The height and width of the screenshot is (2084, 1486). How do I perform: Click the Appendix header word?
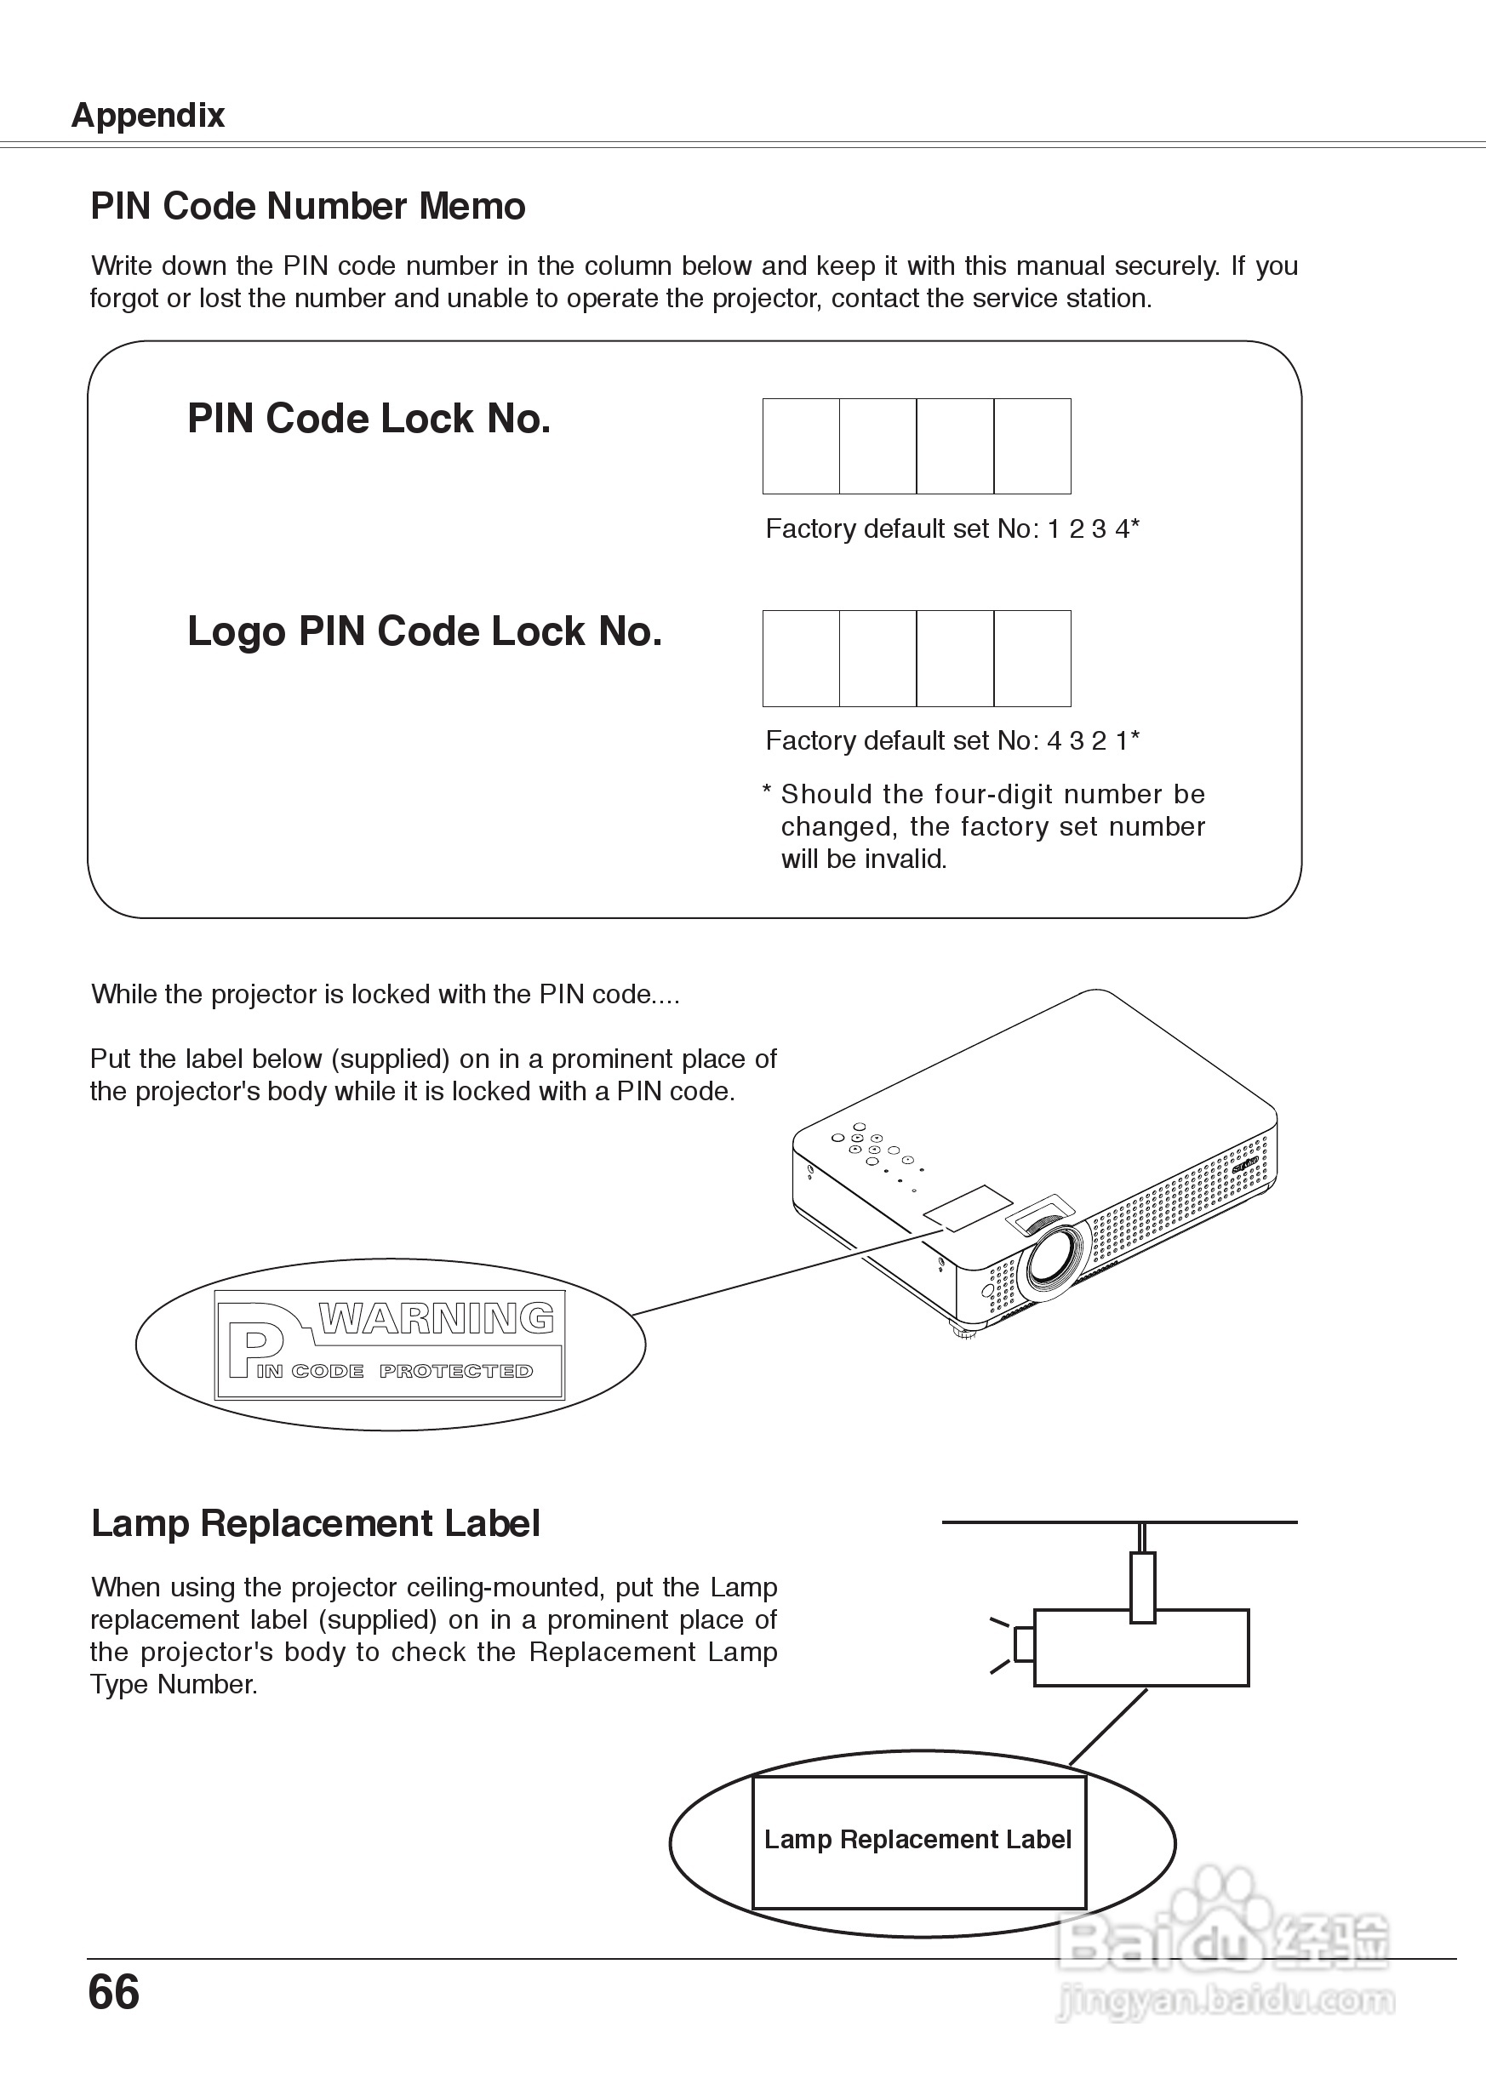[147, 115]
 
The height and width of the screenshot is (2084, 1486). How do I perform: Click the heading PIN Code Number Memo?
[307, 207]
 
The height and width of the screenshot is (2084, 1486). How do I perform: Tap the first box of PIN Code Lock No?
[801, 447]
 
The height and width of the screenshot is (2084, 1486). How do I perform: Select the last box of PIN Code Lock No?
[1032, 447]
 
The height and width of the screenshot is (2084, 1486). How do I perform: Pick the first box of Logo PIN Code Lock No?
[801, 659]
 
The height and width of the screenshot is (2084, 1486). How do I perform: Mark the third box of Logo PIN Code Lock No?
[955, 659]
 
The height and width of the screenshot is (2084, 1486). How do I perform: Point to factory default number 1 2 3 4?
[1089, 528]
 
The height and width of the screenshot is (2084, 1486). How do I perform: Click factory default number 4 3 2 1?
[1089, 741]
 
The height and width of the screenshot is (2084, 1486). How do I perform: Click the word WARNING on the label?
[436, 1319]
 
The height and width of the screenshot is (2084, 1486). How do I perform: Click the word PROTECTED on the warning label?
[455, 1372]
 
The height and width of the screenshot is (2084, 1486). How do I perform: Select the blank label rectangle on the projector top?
[967, 1208]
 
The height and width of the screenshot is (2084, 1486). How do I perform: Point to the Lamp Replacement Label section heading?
[316, 1524]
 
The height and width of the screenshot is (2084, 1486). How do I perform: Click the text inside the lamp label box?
[917, 1840]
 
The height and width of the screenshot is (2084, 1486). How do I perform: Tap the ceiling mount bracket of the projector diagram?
[1142, 1586]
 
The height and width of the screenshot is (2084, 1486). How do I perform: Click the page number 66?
[113, 1992]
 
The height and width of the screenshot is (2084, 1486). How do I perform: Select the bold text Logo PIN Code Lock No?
[425, 632]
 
